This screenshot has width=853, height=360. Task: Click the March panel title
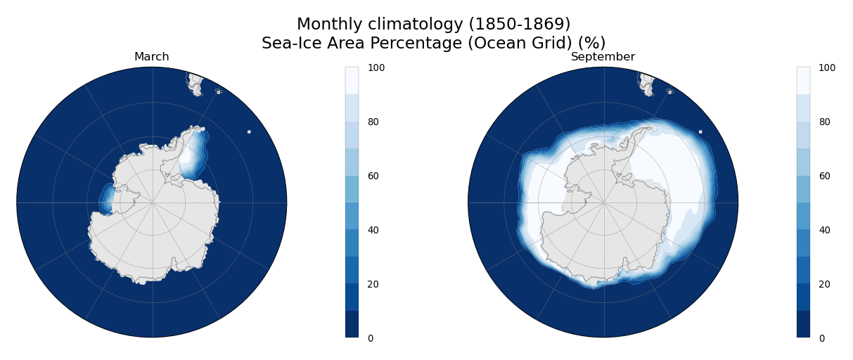click(x=152, y=57)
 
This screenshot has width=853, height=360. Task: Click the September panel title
click(x=603, y=57)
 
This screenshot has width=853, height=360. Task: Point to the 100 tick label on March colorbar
click(x=376, y=68)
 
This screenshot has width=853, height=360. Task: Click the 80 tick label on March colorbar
click(x=373, y=122)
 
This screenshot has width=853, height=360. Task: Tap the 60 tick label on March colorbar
click(x=373, y=176)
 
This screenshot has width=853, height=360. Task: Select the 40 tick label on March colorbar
click(x=373, y=231)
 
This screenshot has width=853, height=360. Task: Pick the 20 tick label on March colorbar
click(x=373, y=285)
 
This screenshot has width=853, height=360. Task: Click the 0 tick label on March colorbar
click(x=371, y=339)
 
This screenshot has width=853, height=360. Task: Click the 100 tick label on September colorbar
click(x=827, y=68)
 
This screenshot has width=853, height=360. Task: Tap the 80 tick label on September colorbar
click(x=824, y=122)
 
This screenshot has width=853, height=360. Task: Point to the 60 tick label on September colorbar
click(x=824, y=176)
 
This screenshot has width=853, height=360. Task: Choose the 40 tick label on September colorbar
click(x=824, y=231)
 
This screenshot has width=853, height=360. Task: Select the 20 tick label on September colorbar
click(x=824, y=285)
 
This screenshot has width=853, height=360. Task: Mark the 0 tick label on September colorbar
click(x=822, y=339)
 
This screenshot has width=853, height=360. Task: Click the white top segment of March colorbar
click(x=352, y=81)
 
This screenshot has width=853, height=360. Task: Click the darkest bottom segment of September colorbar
click(x=803, y=324)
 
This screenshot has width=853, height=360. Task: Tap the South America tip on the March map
click(x=195, y=84)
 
